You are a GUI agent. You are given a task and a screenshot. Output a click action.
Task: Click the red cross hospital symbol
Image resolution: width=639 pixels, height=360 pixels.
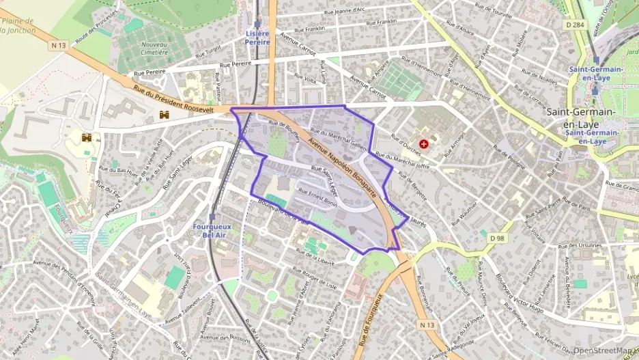click(x=425, y=144)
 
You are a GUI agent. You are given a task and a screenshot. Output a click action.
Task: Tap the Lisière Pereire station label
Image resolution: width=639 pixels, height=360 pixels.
click(x=257, y=38)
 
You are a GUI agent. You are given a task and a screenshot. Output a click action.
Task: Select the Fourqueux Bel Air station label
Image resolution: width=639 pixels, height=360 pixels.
click(x=214, y=230)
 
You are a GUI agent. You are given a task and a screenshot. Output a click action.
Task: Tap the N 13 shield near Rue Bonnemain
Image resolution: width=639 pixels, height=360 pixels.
click(x=428, y=324)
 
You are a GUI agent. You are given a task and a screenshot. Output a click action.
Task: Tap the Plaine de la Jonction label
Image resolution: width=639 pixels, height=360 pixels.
click(x=18, y=25)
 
